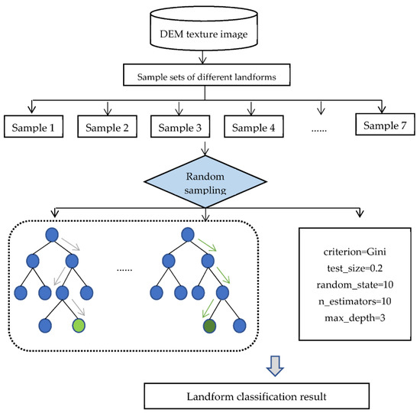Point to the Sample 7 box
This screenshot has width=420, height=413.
point(386,123)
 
